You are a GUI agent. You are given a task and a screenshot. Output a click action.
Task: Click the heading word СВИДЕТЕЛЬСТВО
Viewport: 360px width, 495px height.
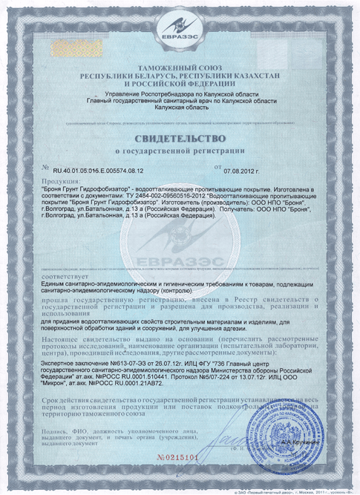[180, 139]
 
